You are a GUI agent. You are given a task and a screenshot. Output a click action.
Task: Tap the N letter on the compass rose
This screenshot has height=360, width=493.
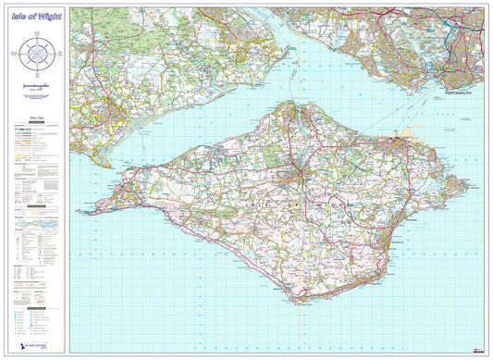[x=38, y=34]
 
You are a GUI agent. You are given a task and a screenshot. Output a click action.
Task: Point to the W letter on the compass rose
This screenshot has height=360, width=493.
[x=16, y=54]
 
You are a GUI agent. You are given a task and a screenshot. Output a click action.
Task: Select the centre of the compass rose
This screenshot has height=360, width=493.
[x=38, y=54]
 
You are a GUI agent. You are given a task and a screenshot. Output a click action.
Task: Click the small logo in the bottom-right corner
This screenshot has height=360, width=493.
[x=476, y=350]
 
